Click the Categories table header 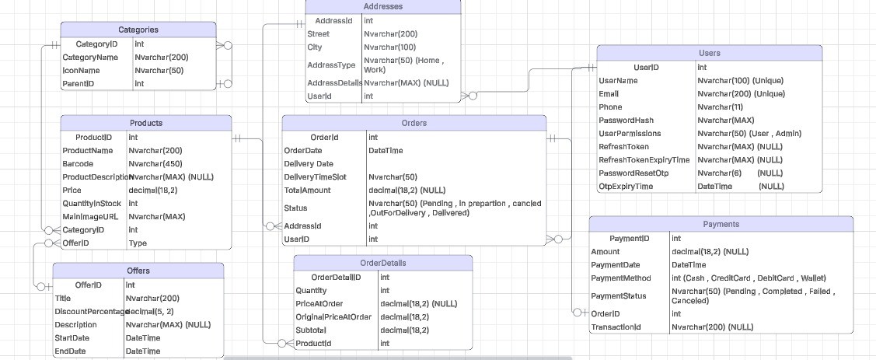point(138,30)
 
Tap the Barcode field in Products point(78,164)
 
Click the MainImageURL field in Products point(90,216)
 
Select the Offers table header point(138,271)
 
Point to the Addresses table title point(382,6)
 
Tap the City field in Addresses point(315,47)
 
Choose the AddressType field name point(331,65)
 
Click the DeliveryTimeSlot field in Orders point(319,177)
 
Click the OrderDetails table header point(382,263)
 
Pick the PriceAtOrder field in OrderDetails point(319,303)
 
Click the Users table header point(709,53)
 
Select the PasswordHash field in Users point(626,121)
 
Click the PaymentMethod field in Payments point(623,278)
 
